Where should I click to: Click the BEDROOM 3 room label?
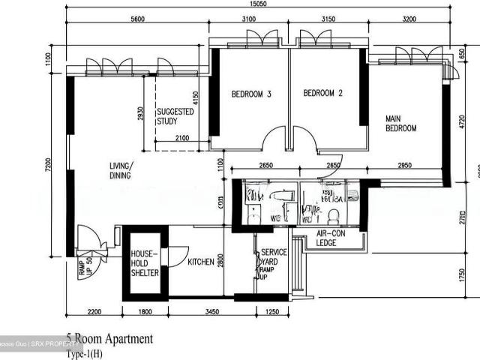tap(250, 94)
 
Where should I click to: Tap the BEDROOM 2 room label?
tap(322, 94)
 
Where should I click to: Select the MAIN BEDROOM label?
tap(400, 124)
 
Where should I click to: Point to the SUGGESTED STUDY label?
tap(175, 116)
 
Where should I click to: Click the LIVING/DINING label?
tap(119, 170)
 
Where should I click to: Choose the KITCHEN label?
tap(201, 262)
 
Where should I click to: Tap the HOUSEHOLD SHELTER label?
tap(144, 264)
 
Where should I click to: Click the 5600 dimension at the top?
tap(137, 18)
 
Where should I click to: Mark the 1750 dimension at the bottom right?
tap(463, 274)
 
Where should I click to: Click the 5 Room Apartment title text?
tap(109, 339)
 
